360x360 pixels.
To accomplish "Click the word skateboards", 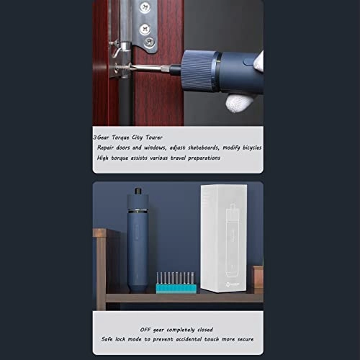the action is (204, 148).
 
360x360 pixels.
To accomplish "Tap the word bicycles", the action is (252, 148).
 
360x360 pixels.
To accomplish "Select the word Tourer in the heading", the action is (154, 138).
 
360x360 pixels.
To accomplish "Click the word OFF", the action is (145, 330).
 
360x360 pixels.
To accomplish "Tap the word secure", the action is (246, 339).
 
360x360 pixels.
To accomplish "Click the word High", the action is (102, 158).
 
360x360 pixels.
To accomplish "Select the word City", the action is (137, 138).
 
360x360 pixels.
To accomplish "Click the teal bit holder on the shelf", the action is (176, 288).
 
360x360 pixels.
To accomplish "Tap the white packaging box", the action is (223, 238).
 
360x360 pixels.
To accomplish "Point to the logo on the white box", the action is (228, 284).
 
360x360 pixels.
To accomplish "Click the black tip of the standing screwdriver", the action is (138, 191).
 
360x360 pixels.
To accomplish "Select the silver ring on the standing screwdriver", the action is (138, 211).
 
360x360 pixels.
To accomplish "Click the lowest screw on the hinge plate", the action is (149, 42).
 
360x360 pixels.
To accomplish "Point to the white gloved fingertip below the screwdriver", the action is (239, 102).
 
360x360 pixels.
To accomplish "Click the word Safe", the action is (107, 339).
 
